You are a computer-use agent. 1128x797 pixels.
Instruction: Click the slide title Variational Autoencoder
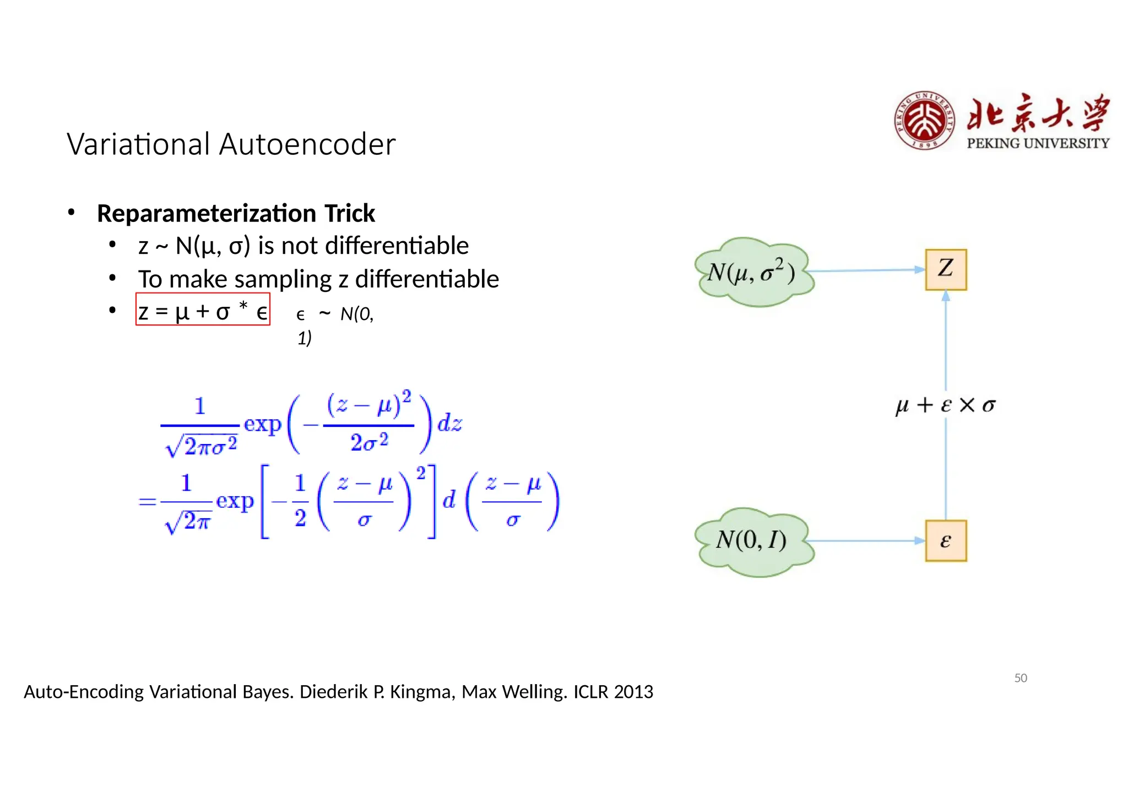tap(231, 144)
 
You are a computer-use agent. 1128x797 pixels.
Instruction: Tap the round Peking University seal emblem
tap(924, 121)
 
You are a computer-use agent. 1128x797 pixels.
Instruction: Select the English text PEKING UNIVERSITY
tap(1038, 143)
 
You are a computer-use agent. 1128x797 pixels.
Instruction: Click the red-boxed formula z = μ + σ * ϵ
tap(203, 310)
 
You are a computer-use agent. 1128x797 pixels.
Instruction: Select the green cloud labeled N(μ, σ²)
tap(752, 272)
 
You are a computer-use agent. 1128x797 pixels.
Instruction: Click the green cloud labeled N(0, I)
tap(752, 541)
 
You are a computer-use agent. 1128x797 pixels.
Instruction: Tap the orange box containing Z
tap(946, 269)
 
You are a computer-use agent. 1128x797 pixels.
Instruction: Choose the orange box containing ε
tap(946, 540)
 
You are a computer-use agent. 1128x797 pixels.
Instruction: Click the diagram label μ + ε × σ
tap(945, 405)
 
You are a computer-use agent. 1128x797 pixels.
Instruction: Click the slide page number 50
tap(1021, 678)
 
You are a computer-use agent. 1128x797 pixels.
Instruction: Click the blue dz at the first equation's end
tap(449, 424)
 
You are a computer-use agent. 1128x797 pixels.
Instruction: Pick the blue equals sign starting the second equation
tap(147, 501)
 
